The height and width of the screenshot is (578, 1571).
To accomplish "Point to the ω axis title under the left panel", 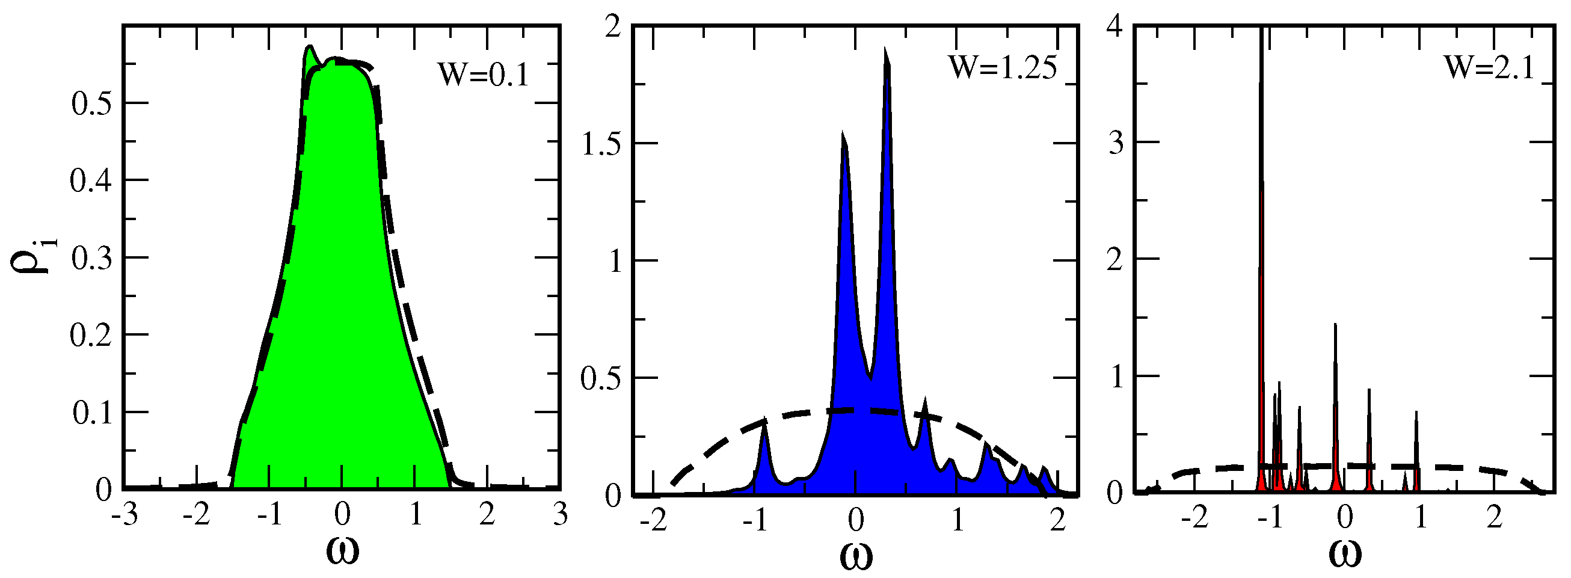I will coord(342,551).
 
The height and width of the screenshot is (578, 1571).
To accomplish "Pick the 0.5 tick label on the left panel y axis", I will coord(91,103).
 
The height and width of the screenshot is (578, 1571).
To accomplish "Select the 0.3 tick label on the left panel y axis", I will coord(91,259).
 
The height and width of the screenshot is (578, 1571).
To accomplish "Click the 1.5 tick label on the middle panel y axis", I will coord(602,144).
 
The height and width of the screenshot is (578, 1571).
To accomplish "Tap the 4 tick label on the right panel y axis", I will coord(1116,28).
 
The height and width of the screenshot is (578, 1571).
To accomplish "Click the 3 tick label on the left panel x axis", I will coord(561,516).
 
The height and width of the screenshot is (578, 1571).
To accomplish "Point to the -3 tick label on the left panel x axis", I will coord(124,516).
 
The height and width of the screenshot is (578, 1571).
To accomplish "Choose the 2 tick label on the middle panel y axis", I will coord(612,28).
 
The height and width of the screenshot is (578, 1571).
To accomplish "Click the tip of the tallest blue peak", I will coord(885,49).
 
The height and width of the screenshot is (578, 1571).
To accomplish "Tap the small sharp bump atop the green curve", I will coord(310,46).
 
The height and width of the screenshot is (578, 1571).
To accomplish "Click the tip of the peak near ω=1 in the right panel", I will coord(1416,413).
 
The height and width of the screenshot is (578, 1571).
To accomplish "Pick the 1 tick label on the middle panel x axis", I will coord(958,520).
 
